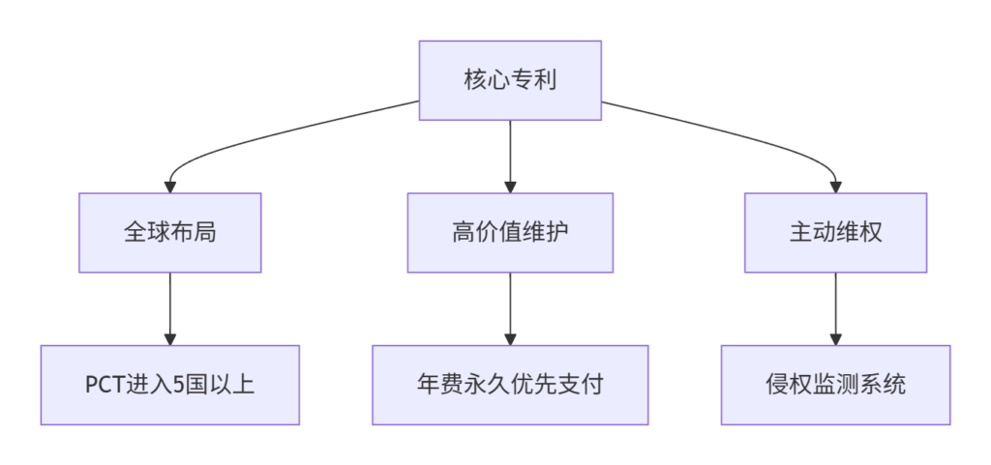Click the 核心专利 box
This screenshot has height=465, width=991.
point(510,80)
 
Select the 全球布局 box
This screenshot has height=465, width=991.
point(170,233)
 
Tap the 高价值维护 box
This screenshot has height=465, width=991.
point(510,233)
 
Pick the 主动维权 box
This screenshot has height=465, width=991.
point(835,233)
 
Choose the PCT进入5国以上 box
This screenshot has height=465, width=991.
point(170,385)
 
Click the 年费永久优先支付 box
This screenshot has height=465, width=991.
point(510,385)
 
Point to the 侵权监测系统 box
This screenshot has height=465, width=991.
point(835,385)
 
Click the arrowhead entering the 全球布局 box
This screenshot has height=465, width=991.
point(170,188)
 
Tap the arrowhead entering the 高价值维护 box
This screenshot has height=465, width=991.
point(510,188)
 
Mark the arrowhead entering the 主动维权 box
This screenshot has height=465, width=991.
point(835,188)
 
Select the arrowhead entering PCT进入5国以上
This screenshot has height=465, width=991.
point(170,339)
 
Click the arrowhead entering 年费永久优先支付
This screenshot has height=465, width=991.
point(510,339)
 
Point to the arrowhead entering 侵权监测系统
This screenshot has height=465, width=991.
point(835,339)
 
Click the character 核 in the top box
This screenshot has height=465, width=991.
point(475,81)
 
